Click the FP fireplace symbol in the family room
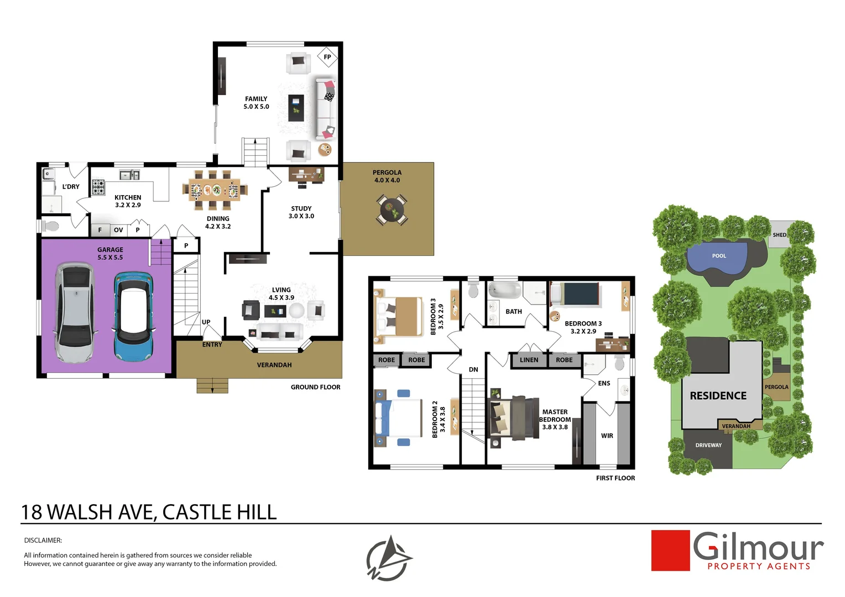[327, 57]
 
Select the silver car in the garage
[76, 313]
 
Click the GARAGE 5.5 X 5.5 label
[110, 254]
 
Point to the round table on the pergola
[392, 210]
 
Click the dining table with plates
[214, 190]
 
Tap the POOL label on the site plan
[719, 256]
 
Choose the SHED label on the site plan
[779, 235]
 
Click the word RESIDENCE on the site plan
[718, 396]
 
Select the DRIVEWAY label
[708, 445]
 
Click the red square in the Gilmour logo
[670, 551]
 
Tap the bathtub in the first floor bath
[504, 290]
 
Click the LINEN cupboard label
[529, 360]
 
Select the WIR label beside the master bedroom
[607, 436]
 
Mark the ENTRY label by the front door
[212, 344]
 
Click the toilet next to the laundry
[51, 226]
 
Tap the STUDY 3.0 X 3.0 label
[301, 212]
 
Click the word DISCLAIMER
[43, 540]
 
